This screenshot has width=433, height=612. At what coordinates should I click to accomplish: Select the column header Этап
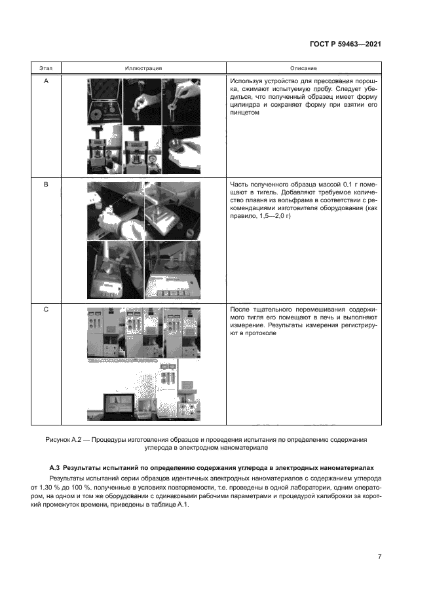point(46,68)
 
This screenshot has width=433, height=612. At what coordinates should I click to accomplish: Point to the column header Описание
point(303,68)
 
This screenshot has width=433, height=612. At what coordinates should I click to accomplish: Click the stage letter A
point(46,81)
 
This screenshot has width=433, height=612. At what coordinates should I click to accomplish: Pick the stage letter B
point(46,185)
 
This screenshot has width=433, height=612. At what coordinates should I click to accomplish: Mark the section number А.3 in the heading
point(56,468)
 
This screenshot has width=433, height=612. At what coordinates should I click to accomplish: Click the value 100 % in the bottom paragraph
point(90,487)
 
